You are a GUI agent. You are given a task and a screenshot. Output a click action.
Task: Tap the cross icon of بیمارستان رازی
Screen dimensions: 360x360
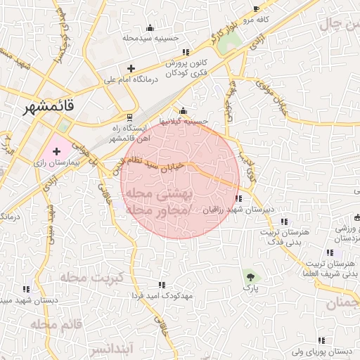(57, 150)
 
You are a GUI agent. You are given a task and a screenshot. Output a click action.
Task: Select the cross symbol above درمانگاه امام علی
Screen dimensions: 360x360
(130, 68)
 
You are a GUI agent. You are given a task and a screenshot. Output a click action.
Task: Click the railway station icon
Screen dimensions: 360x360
(129, 117)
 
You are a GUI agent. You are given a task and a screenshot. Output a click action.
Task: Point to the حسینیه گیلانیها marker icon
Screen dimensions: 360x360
(183, 110)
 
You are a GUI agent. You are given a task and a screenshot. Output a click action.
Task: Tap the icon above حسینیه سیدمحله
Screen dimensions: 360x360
(149, 28)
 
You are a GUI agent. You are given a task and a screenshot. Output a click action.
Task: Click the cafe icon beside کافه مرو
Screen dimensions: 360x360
(256, 9)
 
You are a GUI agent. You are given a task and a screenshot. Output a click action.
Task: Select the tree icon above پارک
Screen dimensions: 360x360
(250, 276)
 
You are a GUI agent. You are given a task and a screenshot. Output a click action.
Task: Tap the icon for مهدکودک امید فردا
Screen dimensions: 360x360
(161, 285)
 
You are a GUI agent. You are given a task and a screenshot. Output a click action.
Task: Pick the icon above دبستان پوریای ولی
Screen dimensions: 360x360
(321, 340)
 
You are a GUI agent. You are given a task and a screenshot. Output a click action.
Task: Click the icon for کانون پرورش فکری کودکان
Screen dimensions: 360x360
(186, 52)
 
